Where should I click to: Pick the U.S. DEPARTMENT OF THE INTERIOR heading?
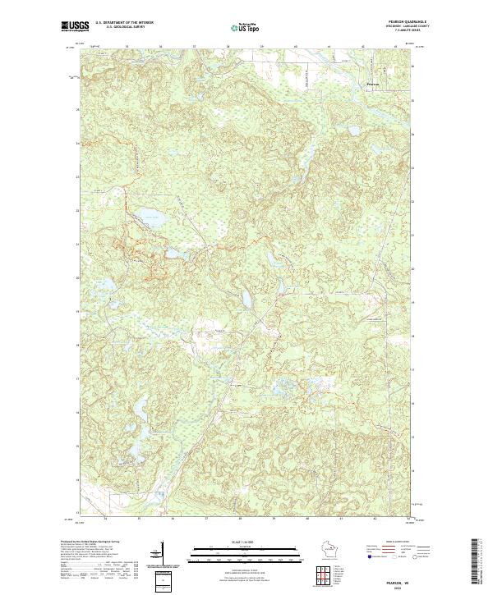pyautogui.click(x=124, y=23)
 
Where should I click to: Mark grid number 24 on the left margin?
pyautogui.click(x=79, y=144)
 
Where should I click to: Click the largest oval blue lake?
pyautogui.click(x=149, y=219)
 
